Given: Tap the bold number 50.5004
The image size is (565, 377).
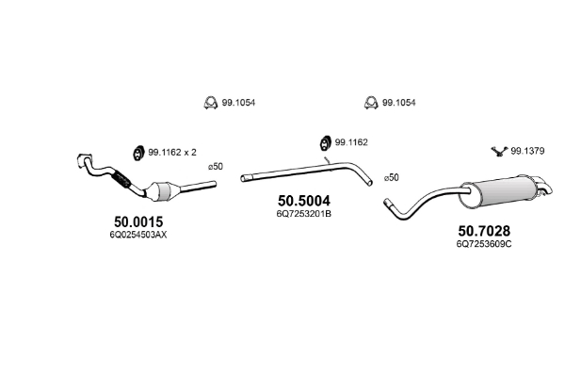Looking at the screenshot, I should pos(304,200).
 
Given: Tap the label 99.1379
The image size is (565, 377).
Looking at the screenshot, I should pos(528,151).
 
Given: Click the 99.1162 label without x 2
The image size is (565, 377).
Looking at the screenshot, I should pos(351,141).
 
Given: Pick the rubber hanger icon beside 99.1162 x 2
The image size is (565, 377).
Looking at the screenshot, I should pos(135,152).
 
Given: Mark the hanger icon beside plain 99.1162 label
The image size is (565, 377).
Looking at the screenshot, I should pos(319,142).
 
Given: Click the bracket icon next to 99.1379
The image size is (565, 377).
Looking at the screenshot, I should pos(497,150).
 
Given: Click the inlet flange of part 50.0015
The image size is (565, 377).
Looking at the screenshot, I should pos(82,159).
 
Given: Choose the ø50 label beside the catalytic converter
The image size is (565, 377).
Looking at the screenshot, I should pos(216,166).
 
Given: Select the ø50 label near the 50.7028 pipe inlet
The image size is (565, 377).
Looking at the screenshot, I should pos(391,177).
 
